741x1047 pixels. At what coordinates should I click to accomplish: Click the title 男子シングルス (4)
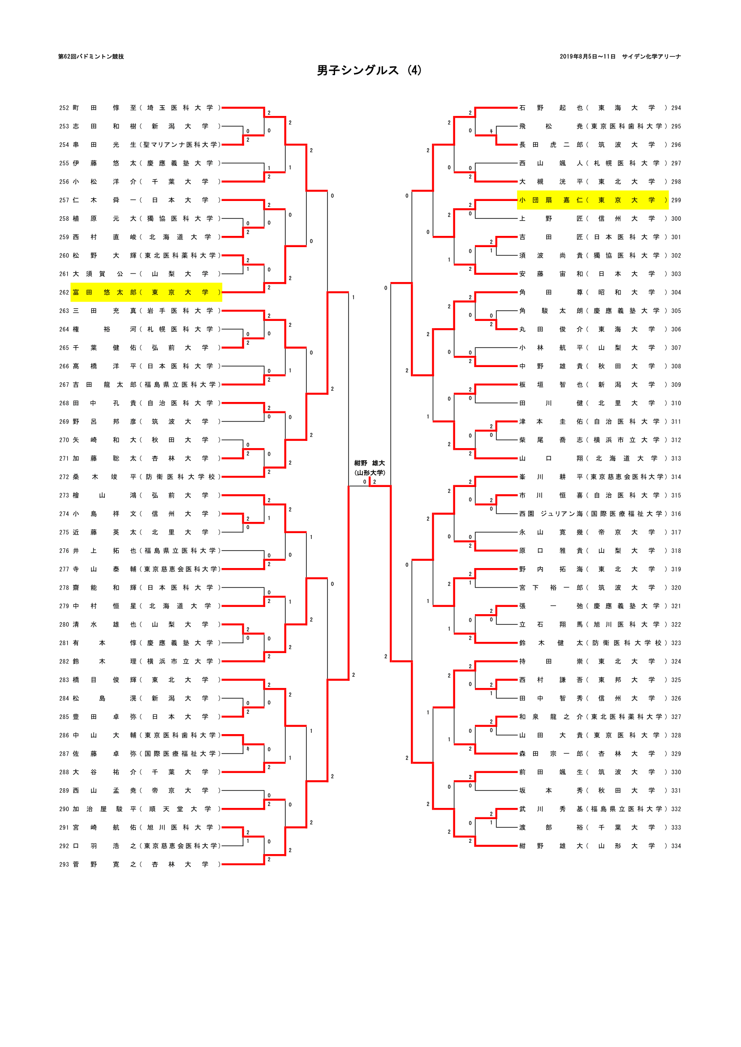tap(369, 70)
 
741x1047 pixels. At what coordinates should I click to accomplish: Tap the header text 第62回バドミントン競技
tap(91, 56)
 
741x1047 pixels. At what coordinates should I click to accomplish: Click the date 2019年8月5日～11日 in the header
tap(587, 56)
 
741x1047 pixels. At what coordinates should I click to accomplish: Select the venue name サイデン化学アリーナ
tap(651, 56)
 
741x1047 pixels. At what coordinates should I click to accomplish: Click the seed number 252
tap(64, 108)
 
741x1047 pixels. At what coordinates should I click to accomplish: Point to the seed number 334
tap(676, 846)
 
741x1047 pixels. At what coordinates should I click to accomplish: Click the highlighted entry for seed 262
tap(146, 292)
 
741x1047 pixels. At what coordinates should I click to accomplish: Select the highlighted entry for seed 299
tap(592, 200)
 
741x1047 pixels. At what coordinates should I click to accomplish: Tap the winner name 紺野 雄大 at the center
tap(370, 463)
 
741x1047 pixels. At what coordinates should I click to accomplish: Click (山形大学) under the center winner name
tap(370, 473)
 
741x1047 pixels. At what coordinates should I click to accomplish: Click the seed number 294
tap(676, 108)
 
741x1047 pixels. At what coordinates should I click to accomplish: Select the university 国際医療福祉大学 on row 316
tap(626, 514)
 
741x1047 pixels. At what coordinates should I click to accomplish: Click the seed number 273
tap(64, 495)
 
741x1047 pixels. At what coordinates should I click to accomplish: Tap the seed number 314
tap(676, 477)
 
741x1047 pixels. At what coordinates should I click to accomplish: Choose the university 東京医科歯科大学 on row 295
tap(626, 126)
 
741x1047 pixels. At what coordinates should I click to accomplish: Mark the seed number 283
tap(64, 680)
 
